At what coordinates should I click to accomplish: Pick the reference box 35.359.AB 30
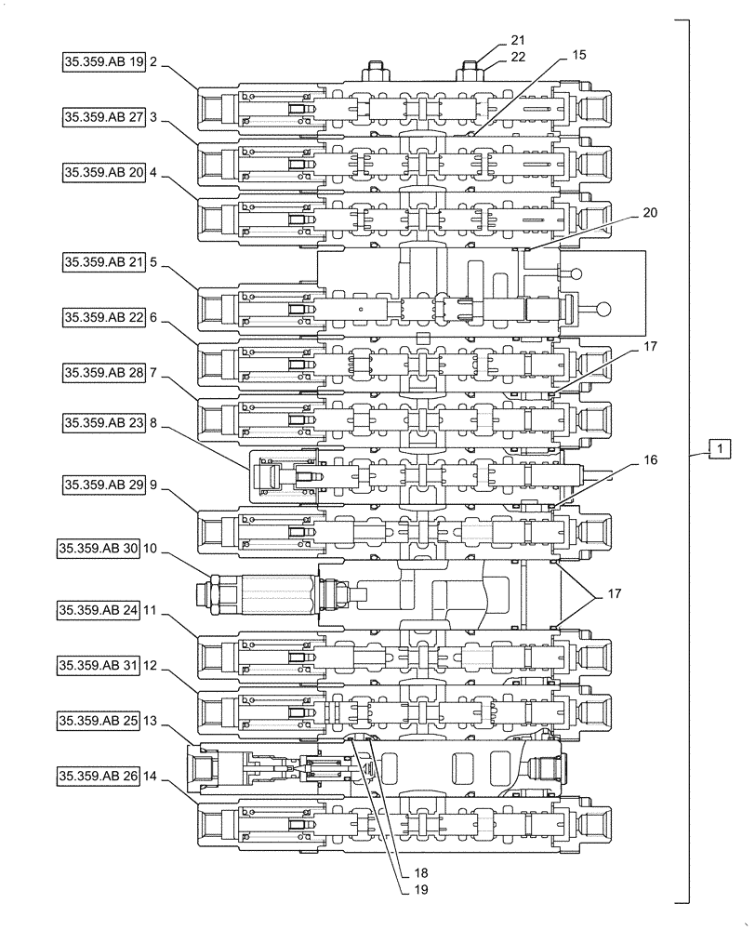98,549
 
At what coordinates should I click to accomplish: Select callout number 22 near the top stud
518,59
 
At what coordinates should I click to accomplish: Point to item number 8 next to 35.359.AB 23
152,421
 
